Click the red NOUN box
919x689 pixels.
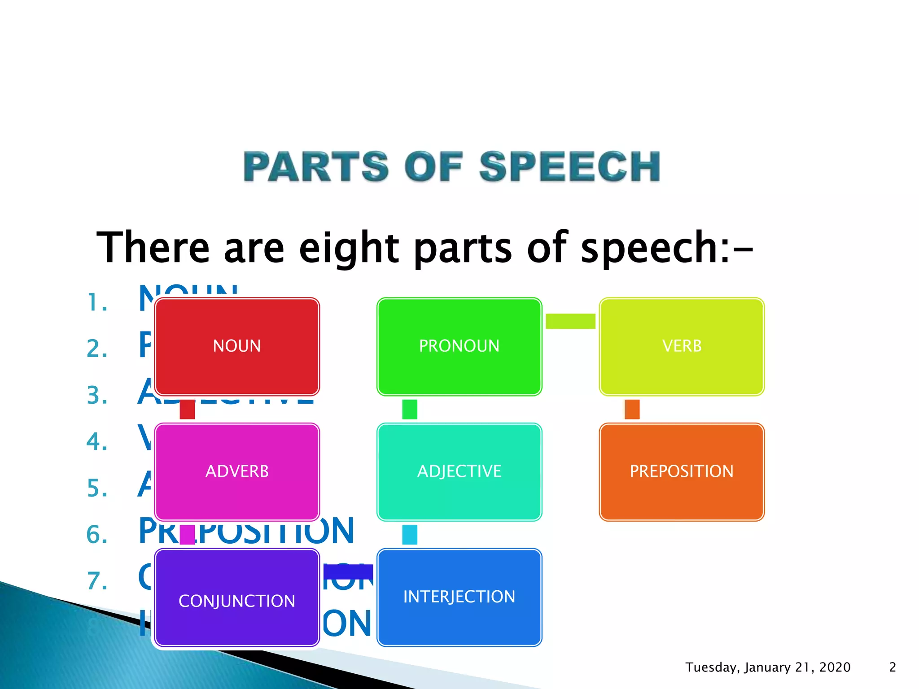click(237, 346)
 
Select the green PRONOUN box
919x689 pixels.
click(459, 346)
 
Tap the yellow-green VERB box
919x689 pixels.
click(682, 346)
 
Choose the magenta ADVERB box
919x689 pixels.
click(237, 471)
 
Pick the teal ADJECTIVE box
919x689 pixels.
click(459, 471)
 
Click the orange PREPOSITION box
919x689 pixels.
click(682, 471)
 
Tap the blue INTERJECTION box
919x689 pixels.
click(459, 597)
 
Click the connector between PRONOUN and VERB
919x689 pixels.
click(570, 321)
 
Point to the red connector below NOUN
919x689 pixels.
click(187, 409)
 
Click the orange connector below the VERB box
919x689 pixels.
click(632, 409)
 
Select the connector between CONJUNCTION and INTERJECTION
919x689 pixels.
click(348, 571)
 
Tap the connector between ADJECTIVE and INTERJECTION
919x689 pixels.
click(410, 535)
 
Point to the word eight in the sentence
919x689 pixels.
click(348, 248)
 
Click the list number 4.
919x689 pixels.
click(97, 442)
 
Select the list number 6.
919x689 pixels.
click(97, 535)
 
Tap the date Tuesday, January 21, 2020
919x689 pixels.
click(768, 667)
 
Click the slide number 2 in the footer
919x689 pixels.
click(893, 667)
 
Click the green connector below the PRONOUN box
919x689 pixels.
click(410, 409)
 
